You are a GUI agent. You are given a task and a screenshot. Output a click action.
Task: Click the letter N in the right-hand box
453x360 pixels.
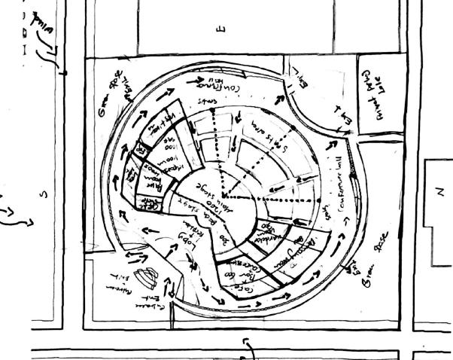tap(440, 191)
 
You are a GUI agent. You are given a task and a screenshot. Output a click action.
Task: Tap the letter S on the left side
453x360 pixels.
tap(43, 195)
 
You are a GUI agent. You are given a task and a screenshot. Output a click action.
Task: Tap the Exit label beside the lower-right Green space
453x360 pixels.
tap(353, 267)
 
